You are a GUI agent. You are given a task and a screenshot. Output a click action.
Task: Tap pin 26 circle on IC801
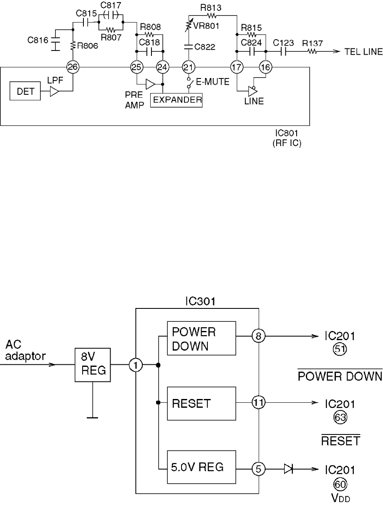coord(73,66)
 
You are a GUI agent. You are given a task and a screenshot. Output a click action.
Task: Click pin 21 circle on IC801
coord(188,66)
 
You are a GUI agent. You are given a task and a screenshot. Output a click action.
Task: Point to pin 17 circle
coord(237,66)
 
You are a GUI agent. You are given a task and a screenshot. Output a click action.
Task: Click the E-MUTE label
coord(213,82)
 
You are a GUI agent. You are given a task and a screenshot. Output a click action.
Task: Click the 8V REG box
coord(93,365)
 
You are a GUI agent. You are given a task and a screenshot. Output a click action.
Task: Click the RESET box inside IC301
coord(202,404)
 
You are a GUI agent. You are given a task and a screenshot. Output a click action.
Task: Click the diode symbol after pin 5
coord(288,469)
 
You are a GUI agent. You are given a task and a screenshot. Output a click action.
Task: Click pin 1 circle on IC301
coord(136,366)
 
